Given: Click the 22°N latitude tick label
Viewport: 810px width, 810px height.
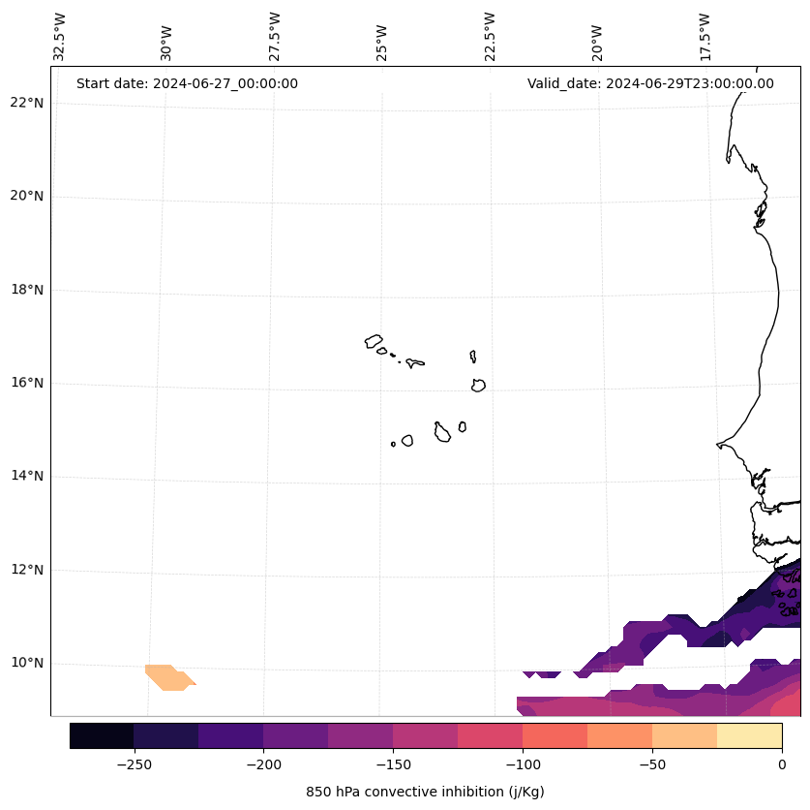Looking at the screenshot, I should click(x=27, y=104).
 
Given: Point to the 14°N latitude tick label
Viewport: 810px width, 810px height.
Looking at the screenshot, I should click(x=27, y=477).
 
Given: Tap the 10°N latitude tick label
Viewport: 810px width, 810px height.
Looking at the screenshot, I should click(x=27, y=664).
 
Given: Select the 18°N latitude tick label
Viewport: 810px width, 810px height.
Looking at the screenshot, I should click(x=27, y=290).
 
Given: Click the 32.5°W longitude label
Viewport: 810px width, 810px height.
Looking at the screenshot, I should click(x=60, y=37).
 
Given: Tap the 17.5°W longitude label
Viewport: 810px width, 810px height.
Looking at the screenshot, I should click(x=705, y=37).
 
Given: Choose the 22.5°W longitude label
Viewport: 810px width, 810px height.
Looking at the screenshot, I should click(x=490, y=37).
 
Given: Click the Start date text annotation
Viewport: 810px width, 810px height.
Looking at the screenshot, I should click(x=187, y=83).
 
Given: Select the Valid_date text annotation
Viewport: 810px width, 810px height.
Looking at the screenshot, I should click(x=650, y=83).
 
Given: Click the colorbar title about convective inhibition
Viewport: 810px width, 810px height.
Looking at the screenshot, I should click(x=425, y=792).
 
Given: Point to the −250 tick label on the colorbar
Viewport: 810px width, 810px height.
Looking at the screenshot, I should click(x=134, y=764).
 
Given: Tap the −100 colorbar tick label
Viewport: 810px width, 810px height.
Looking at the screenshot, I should click(x=523, y=764).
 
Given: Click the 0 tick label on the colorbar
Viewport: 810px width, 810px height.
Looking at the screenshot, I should click(x=782, y=764).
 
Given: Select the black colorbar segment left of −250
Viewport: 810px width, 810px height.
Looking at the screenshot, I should click(x=102, y=735).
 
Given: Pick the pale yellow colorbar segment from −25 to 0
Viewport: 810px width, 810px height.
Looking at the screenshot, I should click(x=749, y=735).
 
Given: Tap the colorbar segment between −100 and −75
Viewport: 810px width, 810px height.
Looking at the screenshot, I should click(x=555, y=735).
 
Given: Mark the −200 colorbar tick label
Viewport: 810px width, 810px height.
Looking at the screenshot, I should click(x=263, y=764).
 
